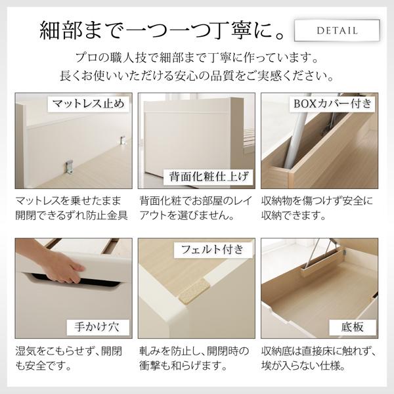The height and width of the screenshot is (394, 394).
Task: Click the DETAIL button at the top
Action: point(337,30)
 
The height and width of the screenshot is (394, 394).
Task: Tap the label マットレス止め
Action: point(89,104)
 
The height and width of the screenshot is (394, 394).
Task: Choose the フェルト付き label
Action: point(211,250)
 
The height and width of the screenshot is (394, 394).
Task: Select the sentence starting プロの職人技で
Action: point(197,58)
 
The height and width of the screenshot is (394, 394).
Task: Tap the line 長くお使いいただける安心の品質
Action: point(197,77)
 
